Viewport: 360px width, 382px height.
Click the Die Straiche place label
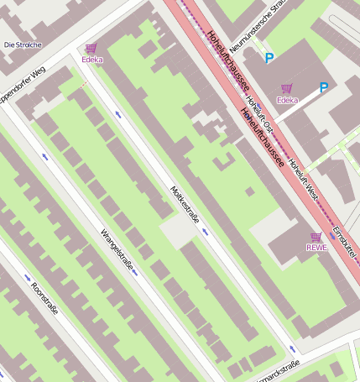coord(22,44)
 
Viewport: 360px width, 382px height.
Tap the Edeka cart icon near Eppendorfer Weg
coord(91,49)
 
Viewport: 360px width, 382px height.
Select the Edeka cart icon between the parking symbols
coord(287,88)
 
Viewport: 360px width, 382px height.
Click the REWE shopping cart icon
coord(316,237)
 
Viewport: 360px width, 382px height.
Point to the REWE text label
coord(316,248)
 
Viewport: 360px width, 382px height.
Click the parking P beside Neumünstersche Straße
coord(269,58)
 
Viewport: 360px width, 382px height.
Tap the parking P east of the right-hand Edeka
coord(324,86)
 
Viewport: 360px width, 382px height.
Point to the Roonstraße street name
coord(44,299)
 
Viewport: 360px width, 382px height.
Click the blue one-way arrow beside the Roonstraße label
coord(28,277)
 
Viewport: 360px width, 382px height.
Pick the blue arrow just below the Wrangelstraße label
coord(134,272)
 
